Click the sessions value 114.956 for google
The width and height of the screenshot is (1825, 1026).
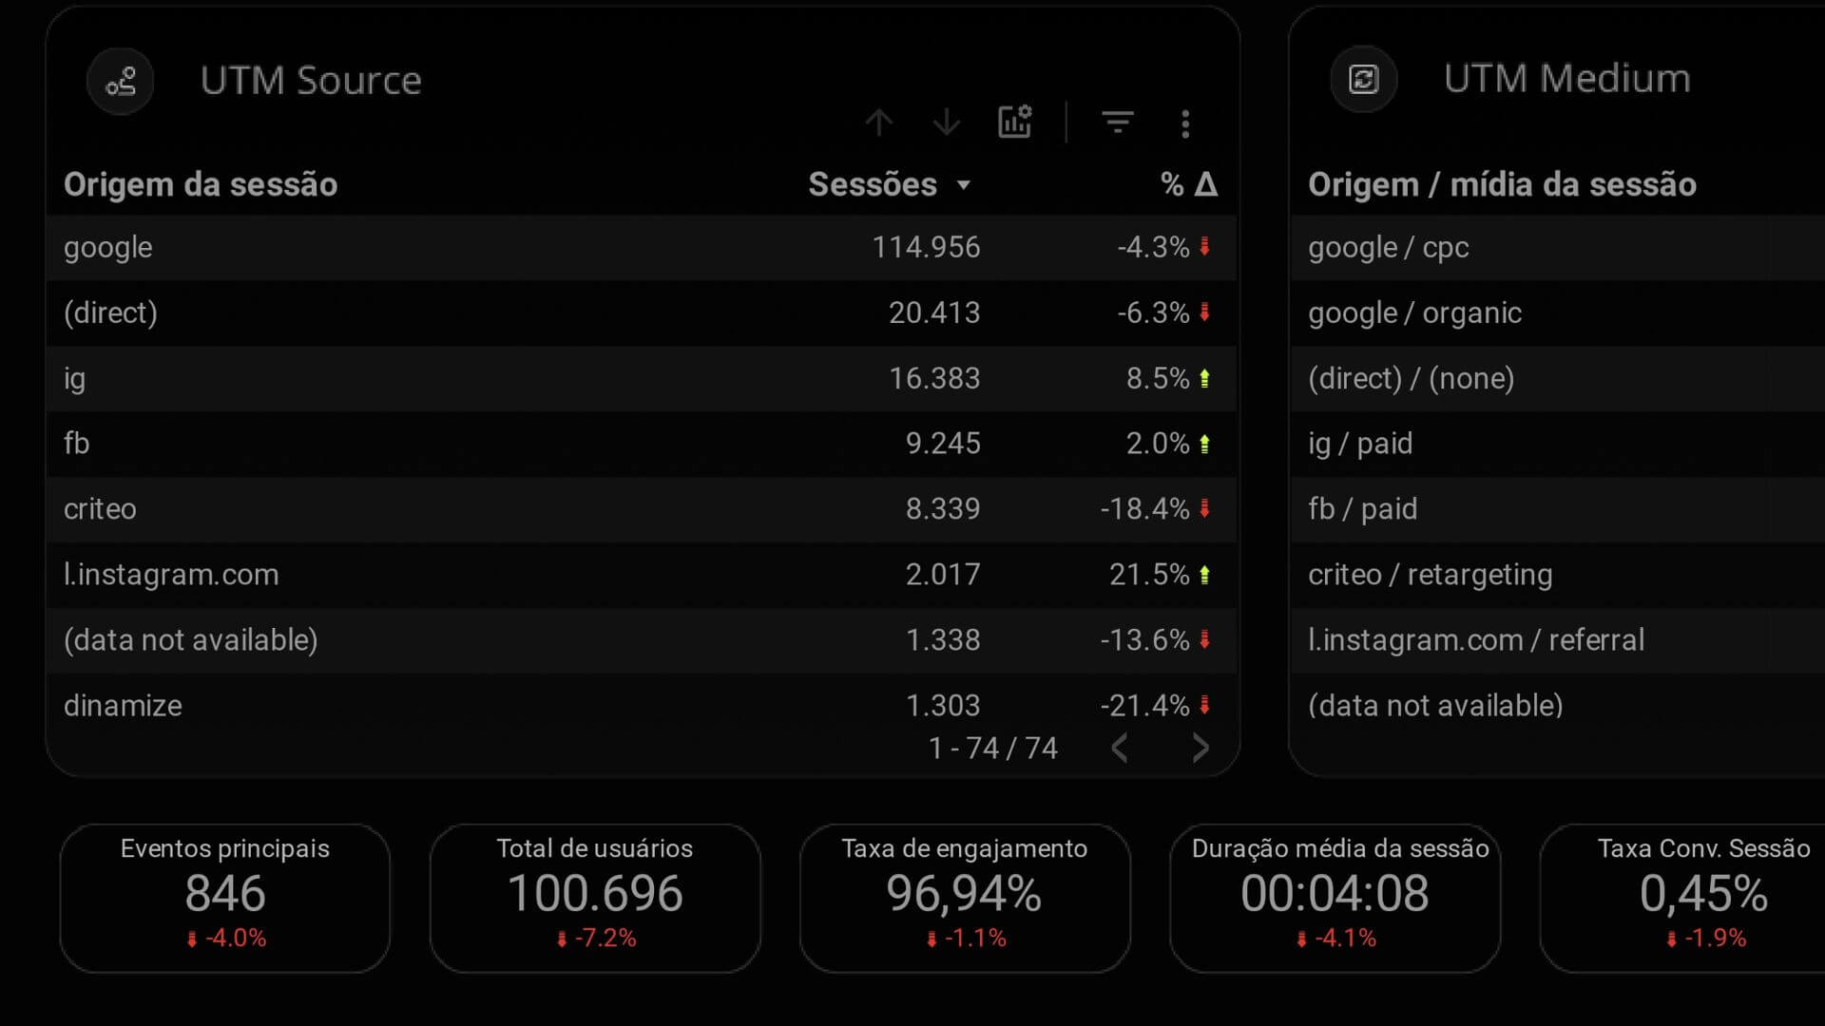pyautogui.click(x=925, y=247)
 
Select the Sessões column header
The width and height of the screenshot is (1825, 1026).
pyautogui.click(x=873, y=184)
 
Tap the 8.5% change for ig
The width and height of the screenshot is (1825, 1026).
pyautogui.click(x=1157, y=378)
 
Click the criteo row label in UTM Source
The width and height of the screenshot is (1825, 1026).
pyautogui.click(x=100, y=509)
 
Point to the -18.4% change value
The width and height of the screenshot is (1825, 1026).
pyautogui.click(x=1144, y=509)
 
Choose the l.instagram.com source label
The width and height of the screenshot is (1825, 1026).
pyautogui.click(x=171, y=575)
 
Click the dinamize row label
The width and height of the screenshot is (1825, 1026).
pyautogui.click(x=123, y=706)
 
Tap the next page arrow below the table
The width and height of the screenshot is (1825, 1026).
pyautogui.click(x=1201, y=749)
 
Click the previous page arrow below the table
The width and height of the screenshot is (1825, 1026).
pyautogui.click(x=1120, y=749)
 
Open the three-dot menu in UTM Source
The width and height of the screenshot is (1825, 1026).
pyautogui.click(x=1185, y=123)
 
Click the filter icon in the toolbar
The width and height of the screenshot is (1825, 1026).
pyautogui.click(x=1117, y=123)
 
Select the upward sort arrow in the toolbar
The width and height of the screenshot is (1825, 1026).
pyautogui.click(x=879, y=123)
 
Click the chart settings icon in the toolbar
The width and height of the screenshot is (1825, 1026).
pyautogui.click(x=1014, y=123)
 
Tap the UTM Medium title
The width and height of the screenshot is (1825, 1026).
pyautogui.click(x=1566, y=79)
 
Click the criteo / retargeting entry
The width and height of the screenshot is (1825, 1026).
pyautogui.click(x=1430, y=575)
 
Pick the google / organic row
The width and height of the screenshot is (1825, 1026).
pyautogui.click(x=1414, y=313)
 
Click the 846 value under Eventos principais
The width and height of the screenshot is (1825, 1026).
pyautogui.click(x=225, y=894)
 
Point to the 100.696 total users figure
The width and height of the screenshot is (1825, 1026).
pyautogui.click(x=595, y=894)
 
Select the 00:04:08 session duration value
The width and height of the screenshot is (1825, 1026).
pyautogui.click(x=1335, y=894)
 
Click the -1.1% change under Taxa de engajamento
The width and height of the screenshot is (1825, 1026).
pyautogui.click(x=974, y=939)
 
